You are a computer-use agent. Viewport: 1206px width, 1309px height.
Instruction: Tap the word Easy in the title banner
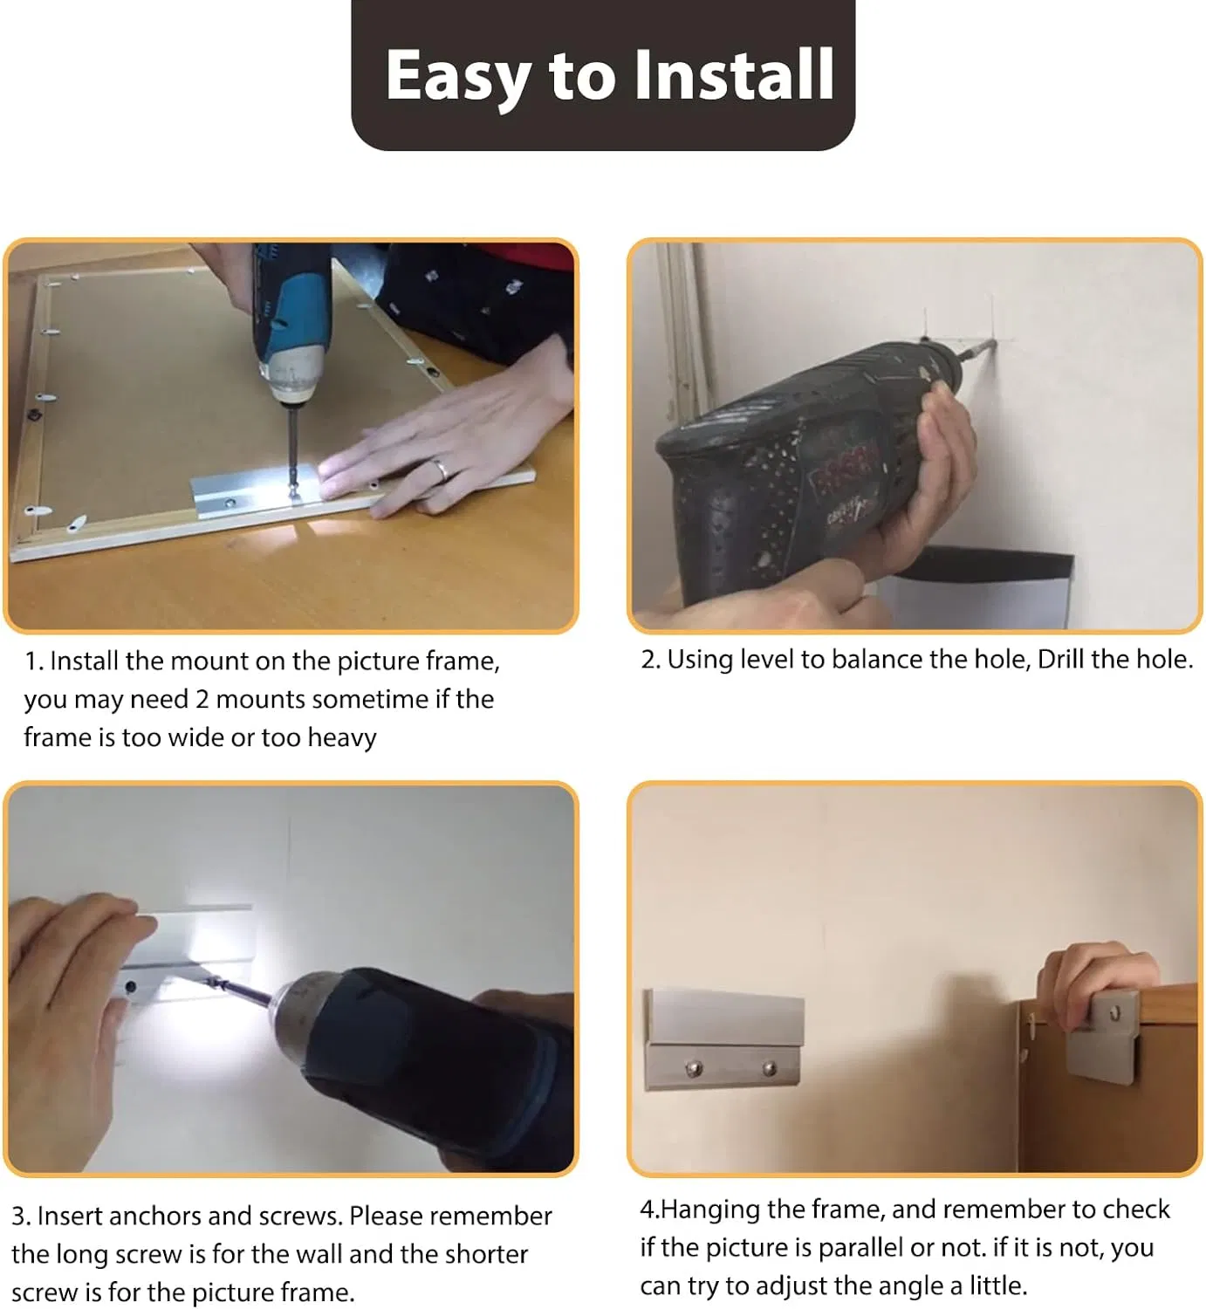pos(457,77)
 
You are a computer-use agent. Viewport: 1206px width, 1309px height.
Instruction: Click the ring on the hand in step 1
pos(442,469)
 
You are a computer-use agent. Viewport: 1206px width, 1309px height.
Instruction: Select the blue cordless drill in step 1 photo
pos(289,323)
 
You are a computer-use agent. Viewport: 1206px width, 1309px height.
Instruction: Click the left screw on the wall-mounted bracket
pos(694,1067)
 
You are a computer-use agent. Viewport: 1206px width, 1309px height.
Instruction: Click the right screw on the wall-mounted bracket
pos(770,1067)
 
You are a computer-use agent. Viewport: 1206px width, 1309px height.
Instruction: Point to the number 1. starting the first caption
pos(34,661)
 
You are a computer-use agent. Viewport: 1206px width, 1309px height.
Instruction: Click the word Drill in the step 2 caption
pos(1059,660)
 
